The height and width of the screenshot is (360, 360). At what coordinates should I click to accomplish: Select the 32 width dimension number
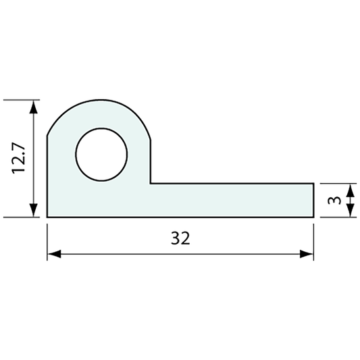(x=180, y=238)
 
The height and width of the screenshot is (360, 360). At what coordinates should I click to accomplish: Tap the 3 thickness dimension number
(x=330, y=200)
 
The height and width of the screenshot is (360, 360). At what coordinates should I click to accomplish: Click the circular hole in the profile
(x=101, y=155)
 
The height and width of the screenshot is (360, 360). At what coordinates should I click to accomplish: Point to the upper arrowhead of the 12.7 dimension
(x=33, y=105)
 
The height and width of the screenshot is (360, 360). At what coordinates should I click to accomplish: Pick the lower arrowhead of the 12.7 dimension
(x=33, y=211)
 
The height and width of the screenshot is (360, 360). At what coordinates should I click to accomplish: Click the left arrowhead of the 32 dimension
(x=53, y=255)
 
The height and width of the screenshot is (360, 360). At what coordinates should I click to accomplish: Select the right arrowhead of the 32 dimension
(x=308, y=255)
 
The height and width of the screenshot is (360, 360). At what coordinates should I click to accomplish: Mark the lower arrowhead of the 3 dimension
(x=349, y=212)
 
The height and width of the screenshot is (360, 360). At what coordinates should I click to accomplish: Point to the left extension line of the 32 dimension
(x=47, y=240)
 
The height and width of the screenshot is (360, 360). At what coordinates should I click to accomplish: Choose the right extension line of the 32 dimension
(x=315, y=240)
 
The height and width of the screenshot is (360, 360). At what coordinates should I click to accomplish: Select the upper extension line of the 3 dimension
(x=338, y=183)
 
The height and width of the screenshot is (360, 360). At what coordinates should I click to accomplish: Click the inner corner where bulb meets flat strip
(x=151, y=183)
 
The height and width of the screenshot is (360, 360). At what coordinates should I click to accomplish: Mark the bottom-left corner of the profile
(x=47, y=217)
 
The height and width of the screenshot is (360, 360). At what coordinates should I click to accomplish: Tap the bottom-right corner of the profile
(x=315, y=217)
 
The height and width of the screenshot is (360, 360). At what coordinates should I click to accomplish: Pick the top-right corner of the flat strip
(x=315, y=183)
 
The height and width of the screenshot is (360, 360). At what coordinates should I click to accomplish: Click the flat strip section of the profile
(x=230, y=200)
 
